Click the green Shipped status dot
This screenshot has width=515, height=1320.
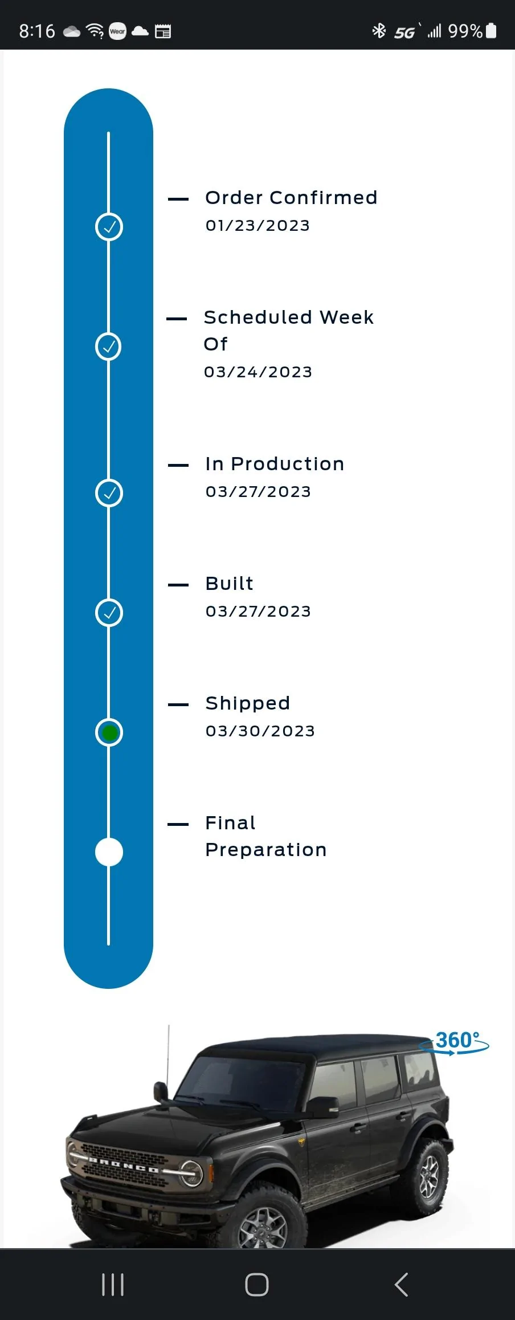109,732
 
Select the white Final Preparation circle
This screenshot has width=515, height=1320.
109,852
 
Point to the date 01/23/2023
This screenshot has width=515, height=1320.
257,226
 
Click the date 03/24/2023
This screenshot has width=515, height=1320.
258,372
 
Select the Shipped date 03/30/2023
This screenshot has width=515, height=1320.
260,731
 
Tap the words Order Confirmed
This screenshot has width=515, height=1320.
291,198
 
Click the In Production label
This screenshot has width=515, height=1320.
275,464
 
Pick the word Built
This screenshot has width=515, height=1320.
229,584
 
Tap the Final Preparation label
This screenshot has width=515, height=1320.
266,836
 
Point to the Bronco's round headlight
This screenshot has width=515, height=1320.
191,1173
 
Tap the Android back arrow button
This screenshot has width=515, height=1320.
401,1285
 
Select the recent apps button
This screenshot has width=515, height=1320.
113,1285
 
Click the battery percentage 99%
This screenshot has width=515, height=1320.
465,31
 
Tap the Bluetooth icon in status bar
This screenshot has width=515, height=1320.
379,31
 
